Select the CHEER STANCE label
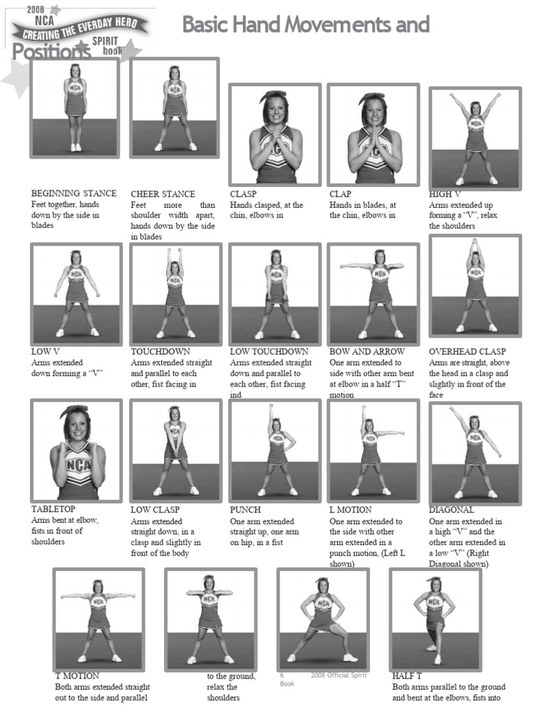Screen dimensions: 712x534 pyautogui.click(x=163, y=194)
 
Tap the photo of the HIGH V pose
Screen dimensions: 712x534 pyautogui.click(x=475, y=137)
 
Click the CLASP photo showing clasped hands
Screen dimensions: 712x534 pyautogui.click(x=275, y=135)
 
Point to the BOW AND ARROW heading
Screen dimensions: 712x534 pyautogui.click(x=366, y=352)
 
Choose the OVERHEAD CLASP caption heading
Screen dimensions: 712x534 pyautogui.click(x=467, y=352)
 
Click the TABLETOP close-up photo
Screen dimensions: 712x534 pyautogui.click(x=76, y=451)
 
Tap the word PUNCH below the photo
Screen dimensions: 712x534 pyautogui.click(x=245, y=510)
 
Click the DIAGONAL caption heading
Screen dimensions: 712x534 pyautogui.click(x=451, y=510)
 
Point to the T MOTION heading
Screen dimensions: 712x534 pyautogui.click(x=77, y=675)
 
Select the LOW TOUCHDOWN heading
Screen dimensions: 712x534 pyautogui.click(x=269, y=352)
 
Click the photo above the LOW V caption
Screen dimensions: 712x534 pyautogui.click(x=76, y=293)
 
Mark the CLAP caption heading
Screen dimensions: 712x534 pyautogui.click(x=341, y=194)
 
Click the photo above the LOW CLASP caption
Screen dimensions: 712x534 pyautogui.click(x=175, y=451)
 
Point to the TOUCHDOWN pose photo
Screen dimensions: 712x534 pyautogui.click(x=175, y=293)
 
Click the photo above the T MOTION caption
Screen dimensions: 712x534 pyautogui.click(x=99, y=619)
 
